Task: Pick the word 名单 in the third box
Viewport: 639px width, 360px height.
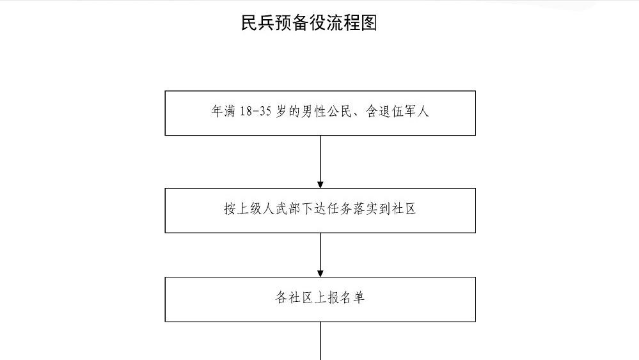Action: pyautogui.click(x=352, y=298)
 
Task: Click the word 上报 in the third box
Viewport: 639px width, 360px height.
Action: pyautogui.click(x=327, y=298)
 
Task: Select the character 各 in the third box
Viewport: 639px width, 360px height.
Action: pyautogui.click(x=281, y=298)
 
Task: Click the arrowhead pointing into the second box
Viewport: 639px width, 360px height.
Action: pyautogui.click(x=320, y=184)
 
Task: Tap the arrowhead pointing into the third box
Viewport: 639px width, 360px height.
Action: pyautogui.click(x=320, y=273)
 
